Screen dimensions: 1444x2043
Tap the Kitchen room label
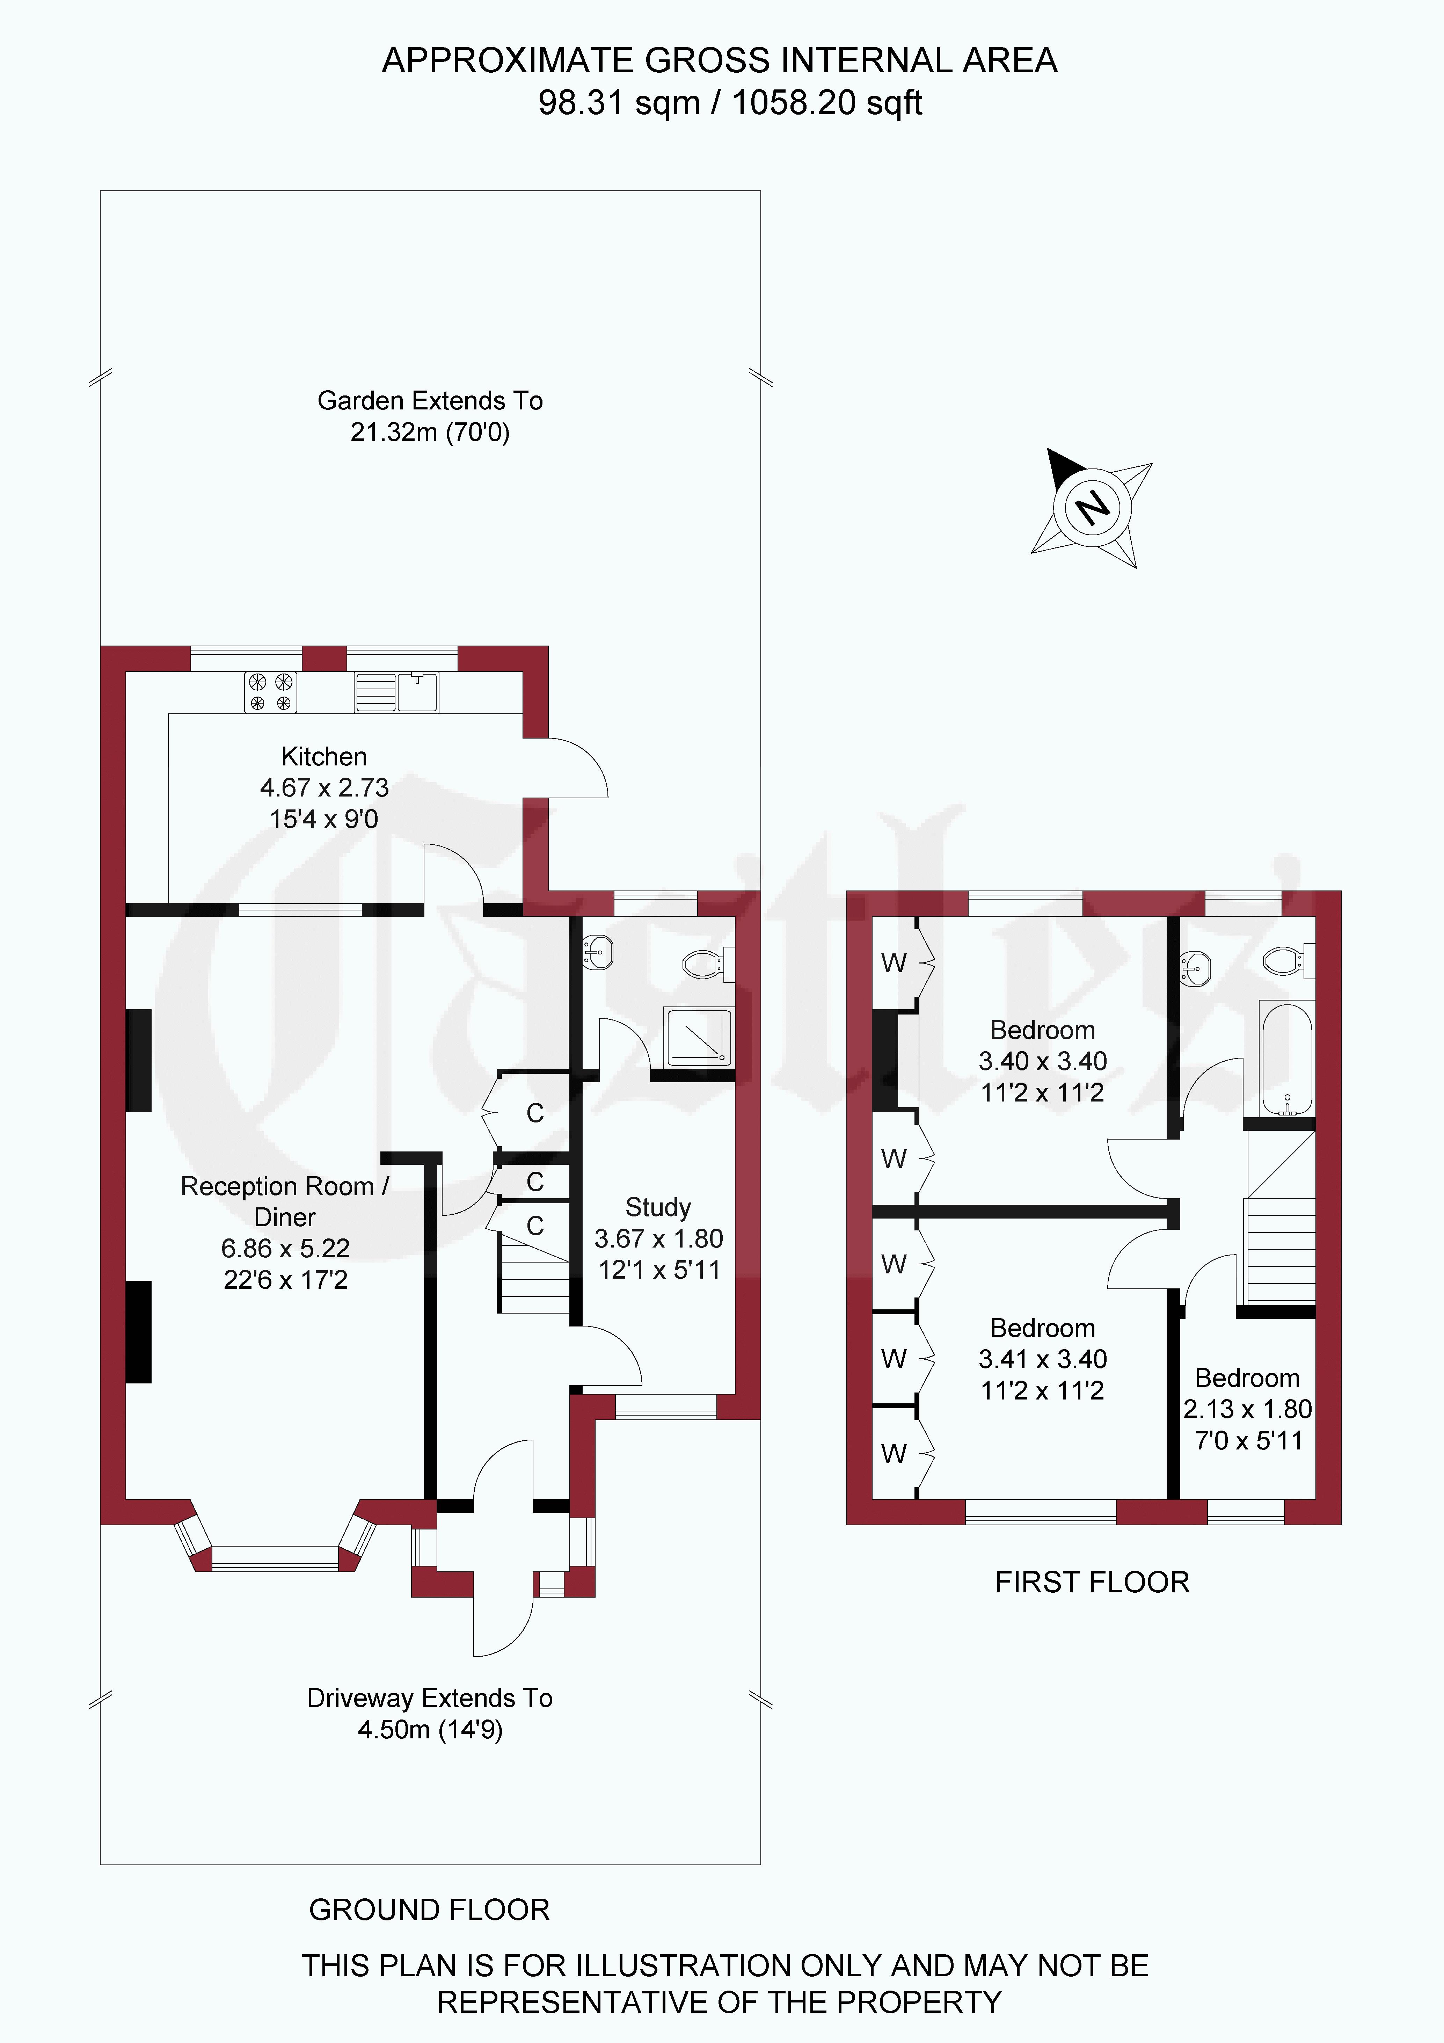coord(324,756)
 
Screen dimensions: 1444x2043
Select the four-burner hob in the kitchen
coord(270,692)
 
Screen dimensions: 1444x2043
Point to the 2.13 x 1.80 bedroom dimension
coord(1247,1409)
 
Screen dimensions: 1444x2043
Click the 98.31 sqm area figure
coord(619,102)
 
